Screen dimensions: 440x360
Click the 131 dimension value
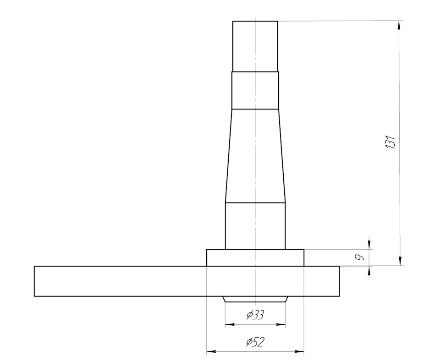tap(390, 142)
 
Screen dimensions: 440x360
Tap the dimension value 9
tap(359, 257)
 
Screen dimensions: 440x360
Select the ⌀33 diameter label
tap(255, 315)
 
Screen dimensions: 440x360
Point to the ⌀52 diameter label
tap(255, 342)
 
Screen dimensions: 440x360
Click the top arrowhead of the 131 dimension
tap(399, 25)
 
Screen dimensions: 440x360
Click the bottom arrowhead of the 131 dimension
tap(400, 261)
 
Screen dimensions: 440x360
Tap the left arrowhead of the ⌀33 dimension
tap(230, 325)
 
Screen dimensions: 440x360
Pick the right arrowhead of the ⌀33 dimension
tap(281, 325)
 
